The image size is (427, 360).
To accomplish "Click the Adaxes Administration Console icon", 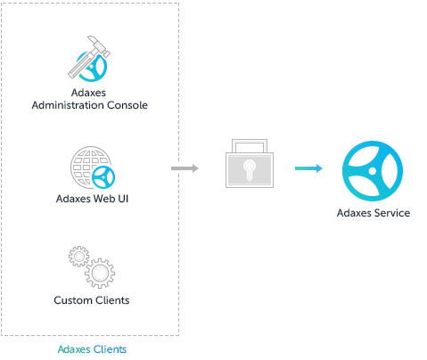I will (89, 61).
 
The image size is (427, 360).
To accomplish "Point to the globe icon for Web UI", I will (88, 167).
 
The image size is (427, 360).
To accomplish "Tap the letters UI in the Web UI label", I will (125, 197).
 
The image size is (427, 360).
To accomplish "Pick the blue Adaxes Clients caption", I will (91, 348).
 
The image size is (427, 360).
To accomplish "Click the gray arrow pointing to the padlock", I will (185, 168).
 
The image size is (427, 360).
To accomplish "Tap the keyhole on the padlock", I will (249, 169).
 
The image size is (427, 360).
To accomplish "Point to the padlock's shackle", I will (249, 144).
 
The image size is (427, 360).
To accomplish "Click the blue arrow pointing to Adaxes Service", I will (308, 168).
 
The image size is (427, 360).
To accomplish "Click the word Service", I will (392, 213).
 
